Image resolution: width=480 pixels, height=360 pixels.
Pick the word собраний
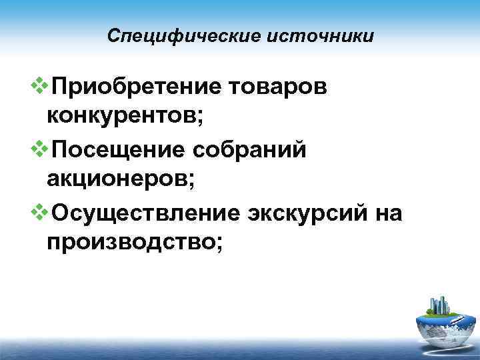click(250, 149)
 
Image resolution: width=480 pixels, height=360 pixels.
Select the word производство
click(127, 241)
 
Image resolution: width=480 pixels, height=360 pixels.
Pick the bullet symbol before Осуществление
click(40, 209)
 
